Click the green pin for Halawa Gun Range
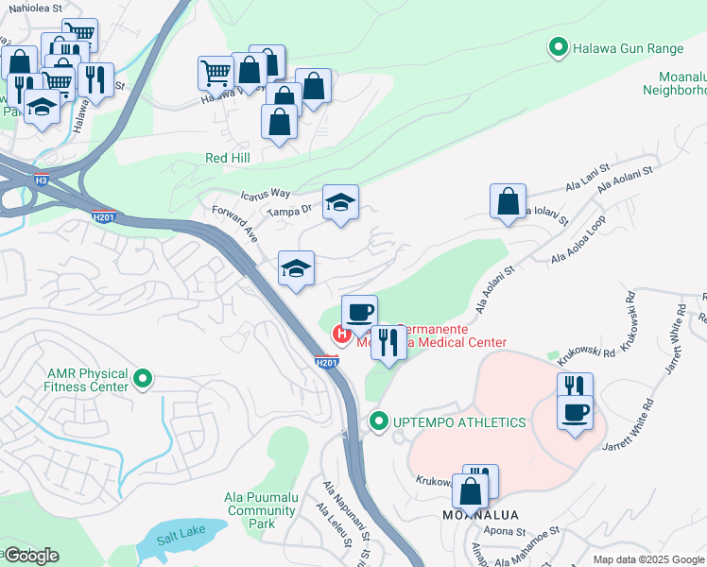click(558, 45)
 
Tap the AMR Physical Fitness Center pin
click(143, 380)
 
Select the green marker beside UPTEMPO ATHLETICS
click(379, 421)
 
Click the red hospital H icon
click(340, 335)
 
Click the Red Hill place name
click(228, 158)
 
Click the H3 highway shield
click(41, 180)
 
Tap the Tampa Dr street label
click(288, 212)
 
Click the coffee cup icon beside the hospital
click(359, 311)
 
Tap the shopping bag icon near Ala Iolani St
click(508, 200)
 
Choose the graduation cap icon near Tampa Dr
click(340, 201)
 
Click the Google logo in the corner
click(32, 556)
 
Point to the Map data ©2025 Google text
click(647, 559)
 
